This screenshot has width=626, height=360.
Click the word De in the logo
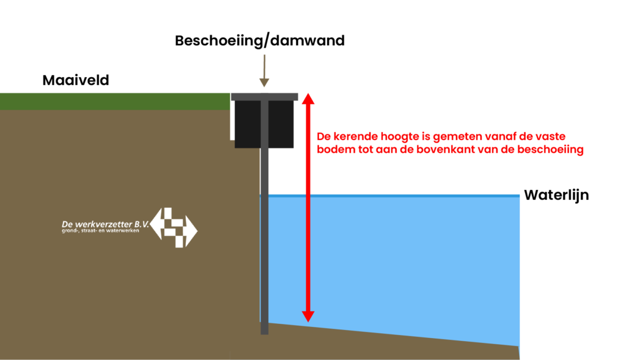tap(67, 224)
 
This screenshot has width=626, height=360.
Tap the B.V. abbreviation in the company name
tap(141, 224)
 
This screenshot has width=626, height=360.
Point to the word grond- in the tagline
tap(71, 231)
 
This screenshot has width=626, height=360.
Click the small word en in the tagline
tap(108, 231)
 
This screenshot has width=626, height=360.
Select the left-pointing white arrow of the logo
tap(156, 223)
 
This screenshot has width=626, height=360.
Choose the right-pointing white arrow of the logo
tap(191, 230)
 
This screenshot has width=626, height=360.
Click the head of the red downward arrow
tap(308, 316)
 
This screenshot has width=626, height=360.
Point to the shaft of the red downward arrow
tap(308, 251)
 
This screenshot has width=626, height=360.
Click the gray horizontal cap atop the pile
tap(264, 97)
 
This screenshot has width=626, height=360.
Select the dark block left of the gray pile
tap(246, 122)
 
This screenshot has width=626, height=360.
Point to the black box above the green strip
tap(54, 80)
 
